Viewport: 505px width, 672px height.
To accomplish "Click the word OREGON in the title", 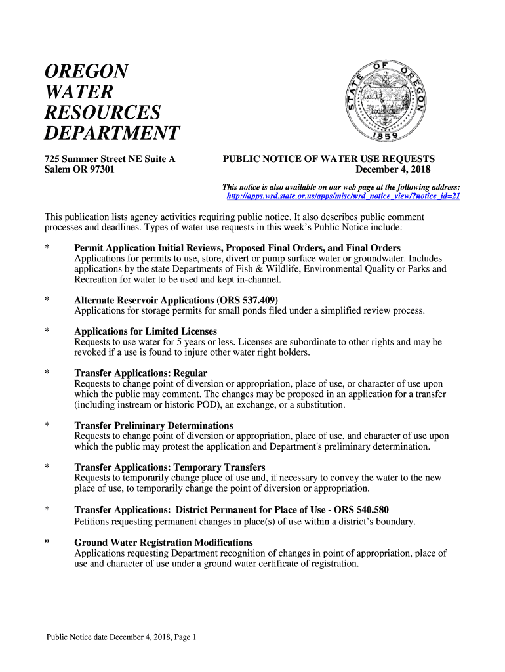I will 86,71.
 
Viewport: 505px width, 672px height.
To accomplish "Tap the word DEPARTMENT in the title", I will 111,133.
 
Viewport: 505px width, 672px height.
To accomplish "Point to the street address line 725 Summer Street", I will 110,159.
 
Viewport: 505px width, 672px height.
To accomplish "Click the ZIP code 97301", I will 100,169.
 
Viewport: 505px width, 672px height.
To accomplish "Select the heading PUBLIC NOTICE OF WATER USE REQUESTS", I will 329,159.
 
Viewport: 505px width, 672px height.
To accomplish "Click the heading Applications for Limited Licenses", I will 146,331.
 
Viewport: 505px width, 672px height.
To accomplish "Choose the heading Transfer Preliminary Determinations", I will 153,426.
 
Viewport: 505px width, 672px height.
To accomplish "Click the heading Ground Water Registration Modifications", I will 163,543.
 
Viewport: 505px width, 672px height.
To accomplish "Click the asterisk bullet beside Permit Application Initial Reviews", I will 47,248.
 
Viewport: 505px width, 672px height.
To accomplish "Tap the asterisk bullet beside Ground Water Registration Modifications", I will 47,543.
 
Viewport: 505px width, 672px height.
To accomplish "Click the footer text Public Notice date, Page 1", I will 121,637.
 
